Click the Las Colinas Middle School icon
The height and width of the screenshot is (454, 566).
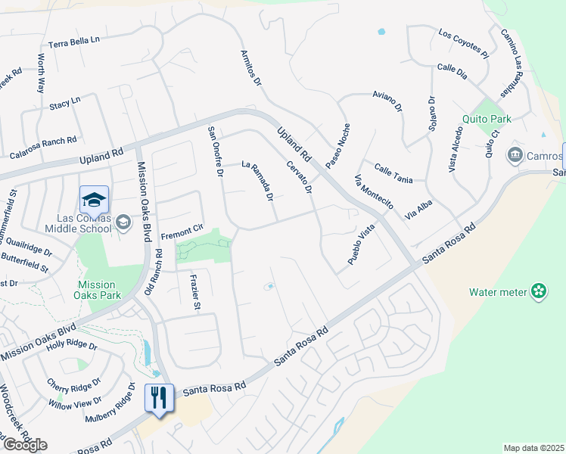[94, 200]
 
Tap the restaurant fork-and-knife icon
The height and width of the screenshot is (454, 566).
[158, 396]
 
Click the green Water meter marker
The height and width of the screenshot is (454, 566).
[539, 291]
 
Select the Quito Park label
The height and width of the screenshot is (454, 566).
[487, 119]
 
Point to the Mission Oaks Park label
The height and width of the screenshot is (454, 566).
[97, 290]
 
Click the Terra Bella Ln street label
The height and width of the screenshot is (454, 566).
[74, 43]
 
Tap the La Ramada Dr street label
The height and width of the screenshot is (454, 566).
[257, 181]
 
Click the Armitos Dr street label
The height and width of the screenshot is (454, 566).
[250, 68]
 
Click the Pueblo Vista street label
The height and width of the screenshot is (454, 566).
[362, 244]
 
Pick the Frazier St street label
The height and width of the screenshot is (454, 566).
[194, 292]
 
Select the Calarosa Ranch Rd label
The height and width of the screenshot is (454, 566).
[43, 147]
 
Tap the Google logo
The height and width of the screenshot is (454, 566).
[25, 445]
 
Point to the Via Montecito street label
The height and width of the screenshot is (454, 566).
[374, 192]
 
